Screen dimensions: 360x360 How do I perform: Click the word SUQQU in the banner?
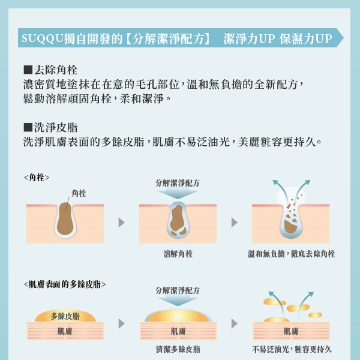pyautogui.click(x=42, y=38)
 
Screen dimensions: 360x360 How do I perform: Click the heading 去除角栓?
pyautogui.click(x=56, y=70)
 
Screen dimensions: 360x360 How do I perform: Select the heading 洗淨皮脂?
pyautogui.click(x=56, y=127)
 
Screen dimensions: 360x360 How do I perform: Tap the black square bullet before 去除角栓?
pyautogui.click(x=28, y=70)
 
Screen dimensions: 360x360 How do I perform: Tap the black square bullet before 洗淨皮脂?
pyautogui.click(x=28, y=127)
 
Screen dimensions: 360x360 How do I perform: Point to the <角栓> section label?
pyautogui.click(x=37, y=178)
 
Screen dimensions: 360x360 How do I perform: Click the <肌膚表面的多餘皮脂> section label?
pyautogui.click(x=65, y=284)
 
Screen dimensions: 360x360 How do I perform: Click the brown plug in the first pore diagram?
pyautogui.click(x=65, y=219)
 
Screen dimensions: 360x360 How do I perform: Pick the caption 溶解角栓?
pyautogui.click(x=178, y=254)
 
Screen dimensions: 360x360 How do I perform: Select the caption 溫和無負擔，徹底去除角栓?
pyautogui.click(x=291, y=254)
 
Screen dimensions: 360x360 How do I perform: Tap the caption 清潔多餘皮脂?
pyautogui.click(x=178, y=349)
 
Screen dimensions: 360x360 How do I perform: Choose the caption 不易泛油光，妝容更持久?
pyautogui.click(x=292, y=349)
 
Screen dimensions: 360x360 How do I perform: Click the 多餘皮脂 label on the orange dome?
pyautogui.click(x=65, y=316)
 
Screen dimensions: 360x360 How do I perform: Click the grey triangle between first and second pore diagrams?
pyautogui.click(x=121, y=222)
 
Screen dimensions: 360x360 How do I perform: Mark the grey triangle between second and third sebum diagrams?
pyautogui.click(x=234, y=324)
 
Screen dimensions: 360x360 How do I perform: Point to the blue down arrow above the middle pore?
pyautogui.click(x=178, y=193)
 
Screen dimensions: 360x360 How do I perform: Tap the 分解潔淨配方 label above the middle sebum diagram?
pyautogui.click(x=178, y=290)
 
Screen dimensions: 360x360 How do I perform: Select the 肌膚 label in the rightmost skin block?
pyautogui.click(x=291, y=331)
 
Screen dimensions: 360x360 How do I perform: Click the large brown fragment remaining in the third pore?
pyautogui.click(x=290, y=227)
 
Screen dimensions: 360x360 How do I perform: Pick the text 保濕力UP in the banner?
pyautogui.click(x=305, y=38)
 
